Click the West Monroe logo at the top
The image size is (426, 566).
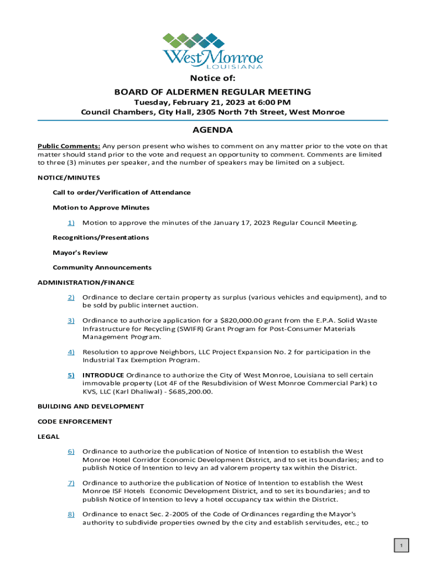pos(212,51)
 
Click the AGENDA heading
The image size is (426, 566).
pos(212,130)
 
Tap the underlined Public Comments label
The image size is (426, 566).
pos(69,146)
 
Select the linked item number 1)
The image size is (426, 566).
pos(71,223)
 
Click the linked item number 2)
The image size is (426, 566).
pos(71,297)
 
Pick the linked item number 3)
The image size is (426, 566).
pos(71,321)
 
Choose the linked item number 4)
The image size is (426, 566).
pos(71,352)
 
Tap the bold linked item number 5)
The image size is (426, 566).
pos(71,375)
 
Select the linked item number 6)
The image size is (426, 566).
pos(71,452)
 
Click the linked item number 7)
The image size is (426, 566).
pos(71,483)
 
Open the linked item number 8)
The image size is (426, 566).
pos(71,515)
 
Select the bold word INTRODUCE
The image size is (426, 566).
pos(103,375)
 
